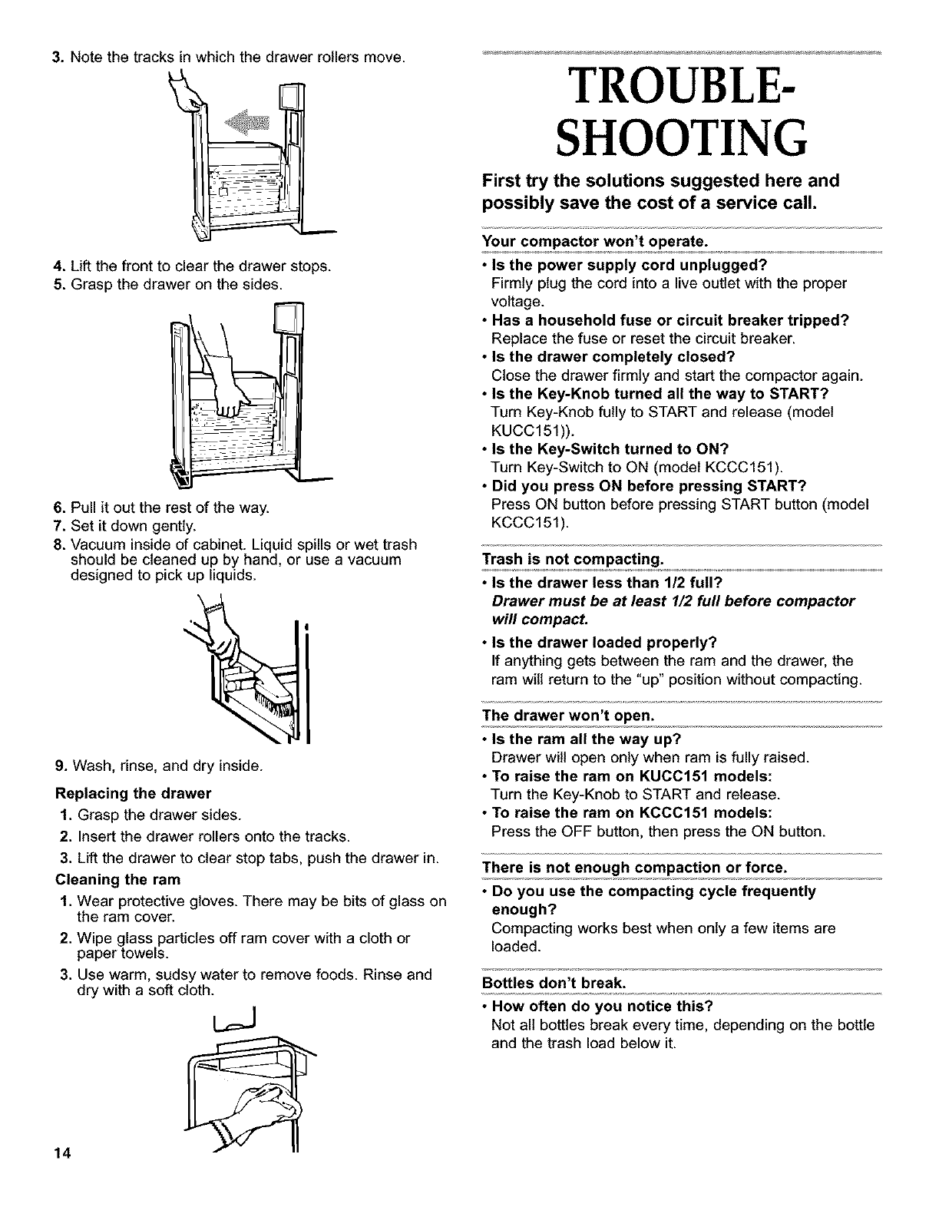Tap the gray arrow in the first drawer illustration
[x=246, y=122]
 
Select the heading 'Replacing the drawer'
[x=133, y=792]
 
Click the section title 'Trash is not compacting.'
[x=572, y=557]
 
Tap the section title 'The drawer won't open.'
[x=567, y=716]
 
